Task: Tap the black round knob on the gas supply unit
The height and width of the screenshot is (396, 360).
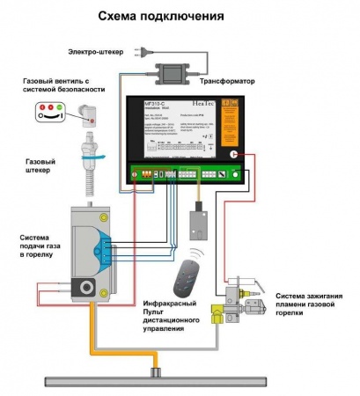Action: [x=87, y=288]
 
